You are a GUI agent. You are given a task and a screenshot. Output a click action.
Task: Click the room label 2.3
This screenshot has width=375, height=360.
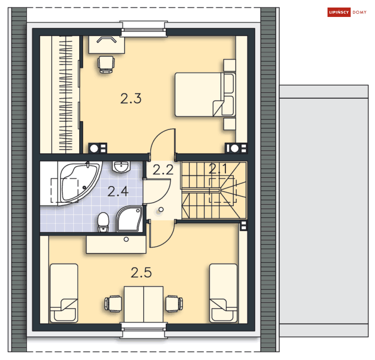point(131,98)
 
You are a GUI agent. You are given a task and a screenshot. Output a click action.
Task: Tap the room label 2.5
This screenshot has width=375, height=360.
point(141,273)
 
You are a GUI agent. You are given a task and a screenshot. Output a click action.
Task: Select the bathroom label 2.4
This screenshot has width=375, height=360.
point(118,191)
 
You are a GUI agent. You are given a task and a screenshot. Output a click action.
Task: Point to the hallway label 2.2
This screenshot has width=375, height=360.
point(163,170)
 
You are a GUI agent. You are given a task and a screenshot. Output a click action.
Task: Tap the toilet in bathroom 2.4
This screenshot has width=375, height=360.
point(103,222)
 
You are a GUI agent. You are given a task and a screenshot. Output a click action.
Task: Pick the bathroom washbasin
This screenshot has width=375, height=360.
point(121,166)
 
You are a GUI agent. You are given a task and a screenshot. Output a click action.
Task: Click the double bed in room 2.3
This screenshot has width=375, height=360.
point(205,95)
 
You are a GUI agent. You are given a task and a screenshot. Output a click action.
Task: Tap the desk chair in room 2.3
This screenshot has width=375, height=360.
point(106,64)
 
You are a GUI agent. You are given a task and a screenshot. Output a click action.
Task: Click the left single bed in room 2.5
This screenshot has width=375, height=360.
point(64,293)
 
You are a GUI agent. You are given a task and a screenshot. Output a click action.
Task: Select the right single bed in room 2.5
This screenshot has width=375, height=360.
point(223,293)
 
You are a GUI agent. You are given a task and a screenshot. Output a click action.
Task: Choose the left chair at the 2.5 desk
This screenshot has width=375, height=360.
point(113,304)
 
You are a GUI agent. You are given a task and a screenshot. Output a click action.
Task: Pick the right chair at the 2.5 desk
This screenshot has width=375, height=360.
point(174,304)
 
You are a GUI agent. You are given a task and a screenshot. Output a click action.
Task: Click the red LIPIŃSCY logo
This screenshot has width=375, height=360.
point(339,12)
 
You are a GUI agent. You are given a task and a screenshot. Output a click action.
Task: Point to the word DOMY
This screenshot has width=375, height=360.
point(360,12)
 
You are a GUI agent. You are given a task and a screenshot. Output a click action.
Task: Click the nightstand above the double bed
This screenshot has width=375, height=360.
point(230,65)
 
